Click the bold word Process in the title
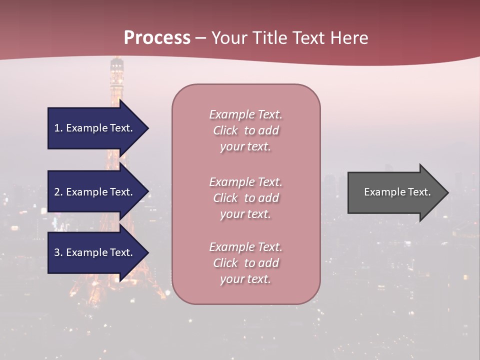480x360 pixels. coord(157,38)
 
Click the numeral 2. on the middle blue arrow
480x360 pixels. coord(58,192)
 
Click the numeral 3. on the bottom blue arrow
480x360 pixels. coord(58,252)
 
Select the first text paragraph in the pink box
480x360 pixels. coord(245,130)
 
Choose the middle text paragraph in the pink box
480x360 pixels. coord(245,198)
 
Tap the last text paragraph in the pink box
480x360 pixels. coord(245,263)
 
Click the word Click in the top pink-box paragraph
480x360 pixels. coord(225,130)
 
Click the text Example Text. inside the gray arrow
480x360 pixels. coord(397,192)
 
